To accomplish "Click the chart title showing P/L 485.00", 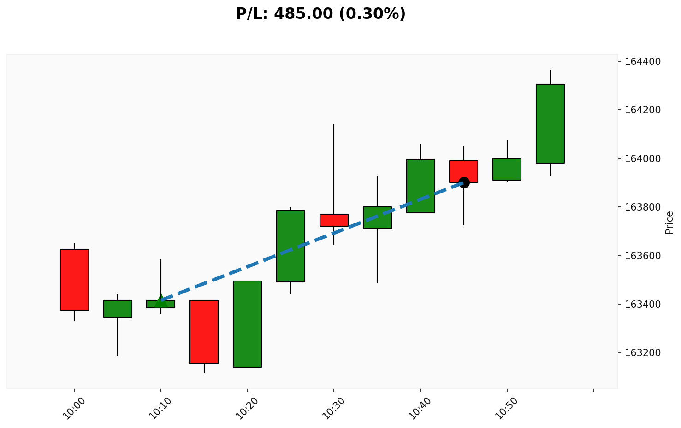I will pos(320,14).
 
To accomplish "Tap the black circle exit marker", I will pos(464,182).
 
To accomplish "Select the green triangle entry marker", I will pos(160,299).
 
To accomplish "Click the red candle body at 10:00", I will pos(74,279).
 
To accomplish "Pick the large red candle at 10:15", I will pos(204,332).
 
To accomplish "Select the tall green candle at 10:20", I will pos(247,324).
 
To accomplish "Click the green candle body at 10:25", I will pos(290,246).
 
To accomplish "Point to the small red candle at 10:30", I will pos(334,220).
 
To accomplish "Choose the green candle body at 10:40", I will pos(420,186).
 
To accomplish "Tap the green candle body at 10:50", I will pos(507,169).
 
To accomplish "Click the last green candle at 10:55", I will pos(550,123).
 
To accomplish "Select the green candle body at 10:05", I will pos(118,309).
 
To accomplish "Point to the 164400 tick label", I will pos(644,61).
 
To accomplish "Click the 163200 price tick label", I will pos(644,353).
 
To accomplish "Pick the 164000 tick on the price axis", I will pos(644,158).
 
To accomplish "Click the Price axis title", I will pos(669,222).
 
